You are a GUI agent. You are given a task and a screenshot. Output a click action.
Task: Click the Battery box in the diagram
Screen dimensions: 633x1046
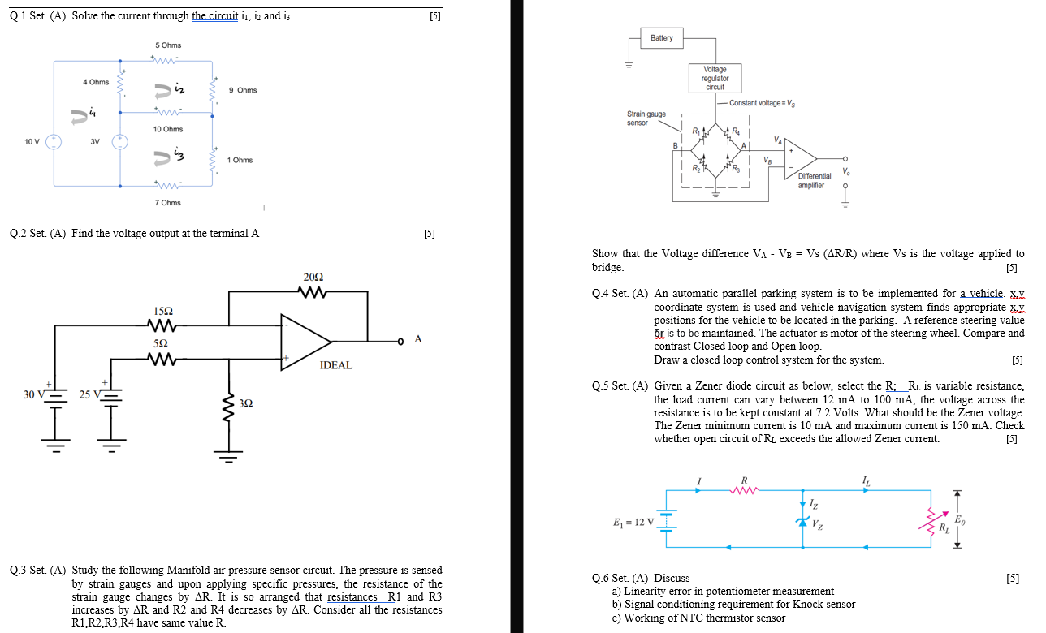[662, 38]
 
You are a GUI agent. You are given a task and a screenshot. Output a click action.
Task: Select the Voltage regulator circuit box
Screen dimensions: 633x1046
[715, 79]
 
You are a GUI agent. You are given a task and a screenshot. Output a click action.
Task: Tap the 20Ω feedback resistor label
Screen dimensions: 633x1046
[313, 278]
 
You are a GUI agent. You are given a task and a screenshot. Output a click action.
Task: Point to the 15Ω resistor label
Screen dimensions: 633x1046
[163, 312]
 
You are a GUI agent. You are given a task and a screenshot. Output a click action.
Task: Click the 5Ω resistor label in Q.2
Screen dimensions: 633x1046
[162, 344]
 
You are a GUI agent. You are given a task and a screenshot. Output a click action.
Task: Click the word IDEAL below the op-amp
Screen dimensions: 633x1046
[336, 365]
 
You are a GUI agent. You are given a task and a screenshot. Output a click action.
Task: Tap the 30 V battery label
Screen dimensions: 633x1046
[33, 395]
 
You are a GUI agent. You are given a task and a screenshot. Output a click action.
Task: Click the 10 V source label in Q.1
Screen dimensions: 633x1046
[32, 141]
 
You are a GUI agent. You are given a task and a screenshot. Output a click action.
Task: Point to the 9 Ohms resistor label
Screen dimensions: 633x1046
[243, 90]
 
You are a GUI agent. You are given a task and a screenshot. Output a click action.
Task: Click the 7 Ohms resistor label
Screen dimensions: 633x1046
[168, 203]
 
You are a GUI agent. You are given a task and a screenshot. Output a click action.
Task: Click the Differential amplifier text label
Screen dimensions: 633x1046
[814, 180]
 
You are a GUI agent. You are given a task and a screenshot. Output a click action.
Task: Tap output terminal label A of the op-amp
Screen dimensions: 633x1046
[418, 339]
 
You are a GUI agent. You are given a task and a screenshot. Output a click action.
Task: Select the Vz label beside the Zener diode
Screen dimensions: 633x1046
[819, 523]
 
